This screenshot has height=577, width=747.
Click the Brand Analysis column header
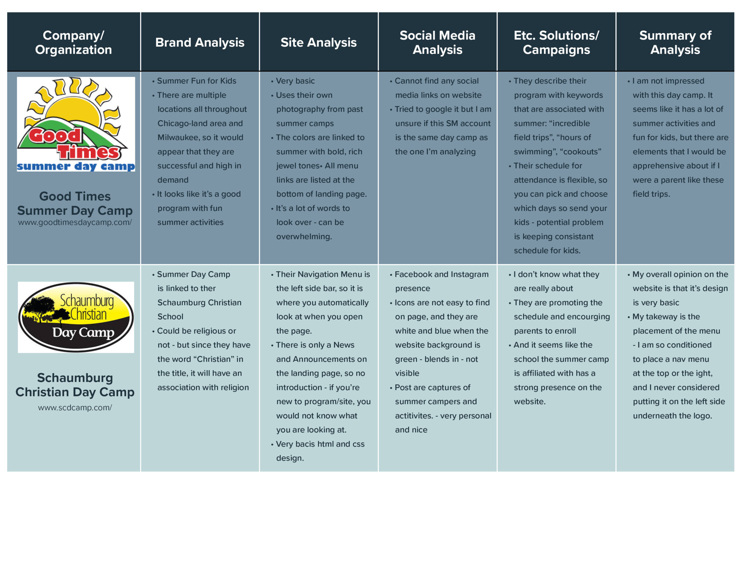(200, 42)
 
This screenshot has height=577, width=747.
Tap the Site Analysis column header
(318, 42)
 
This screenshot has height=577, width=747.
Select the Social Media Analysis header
(437, 42)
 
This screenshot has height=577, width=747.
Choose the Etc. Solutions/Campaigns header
(556, 42)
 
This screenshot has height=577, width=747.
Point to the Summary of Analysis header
(675, 42)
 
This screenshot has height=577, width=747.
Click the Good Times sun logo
(76, 124)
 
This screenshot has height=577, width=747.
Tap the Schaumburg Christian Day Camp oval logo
(76, 317)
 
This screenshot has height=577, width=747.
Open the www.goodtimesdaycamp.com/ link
(75, 222)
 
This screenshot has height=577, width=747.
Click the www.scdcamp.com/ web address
(75, 407)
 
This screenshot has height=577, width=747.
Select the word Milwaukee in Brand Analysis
(177, 137)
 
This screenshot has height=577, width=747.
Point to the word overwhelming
(304, 237)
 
